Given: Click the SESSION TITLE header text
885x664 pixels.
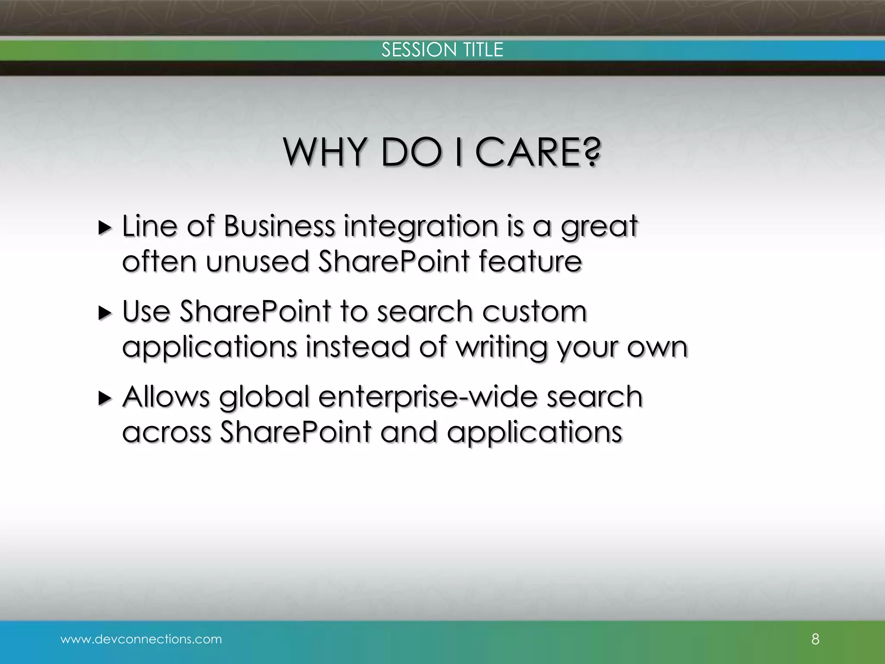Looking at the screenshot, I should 442,50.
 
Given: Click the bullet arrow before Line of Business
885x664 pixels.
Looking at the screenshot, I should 105,227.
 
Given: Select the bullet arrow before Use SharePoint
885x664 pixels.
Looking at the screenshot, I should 105,313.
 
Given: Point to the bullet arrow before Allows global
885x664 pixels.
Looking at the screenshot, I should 105,398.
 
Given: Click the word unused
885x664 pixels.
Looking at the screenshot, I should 257,262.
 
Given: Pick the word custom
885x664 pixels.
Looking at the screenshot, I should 534,311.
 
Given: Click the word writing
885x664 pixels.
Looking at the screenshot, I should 501,348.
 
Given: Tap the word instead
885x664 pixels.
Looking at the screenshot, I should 357,347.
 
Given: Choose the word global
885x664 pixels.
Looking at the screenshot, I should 264,397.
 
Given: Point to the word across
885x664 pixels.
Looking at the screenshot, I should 167,433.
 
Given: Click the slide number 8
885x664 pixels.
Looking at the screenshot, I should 815,639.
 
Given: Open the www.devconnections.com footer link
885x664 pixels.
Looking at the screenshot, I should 141,639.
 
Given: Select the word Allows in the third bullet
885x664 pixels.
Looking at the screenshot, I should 166,396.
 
